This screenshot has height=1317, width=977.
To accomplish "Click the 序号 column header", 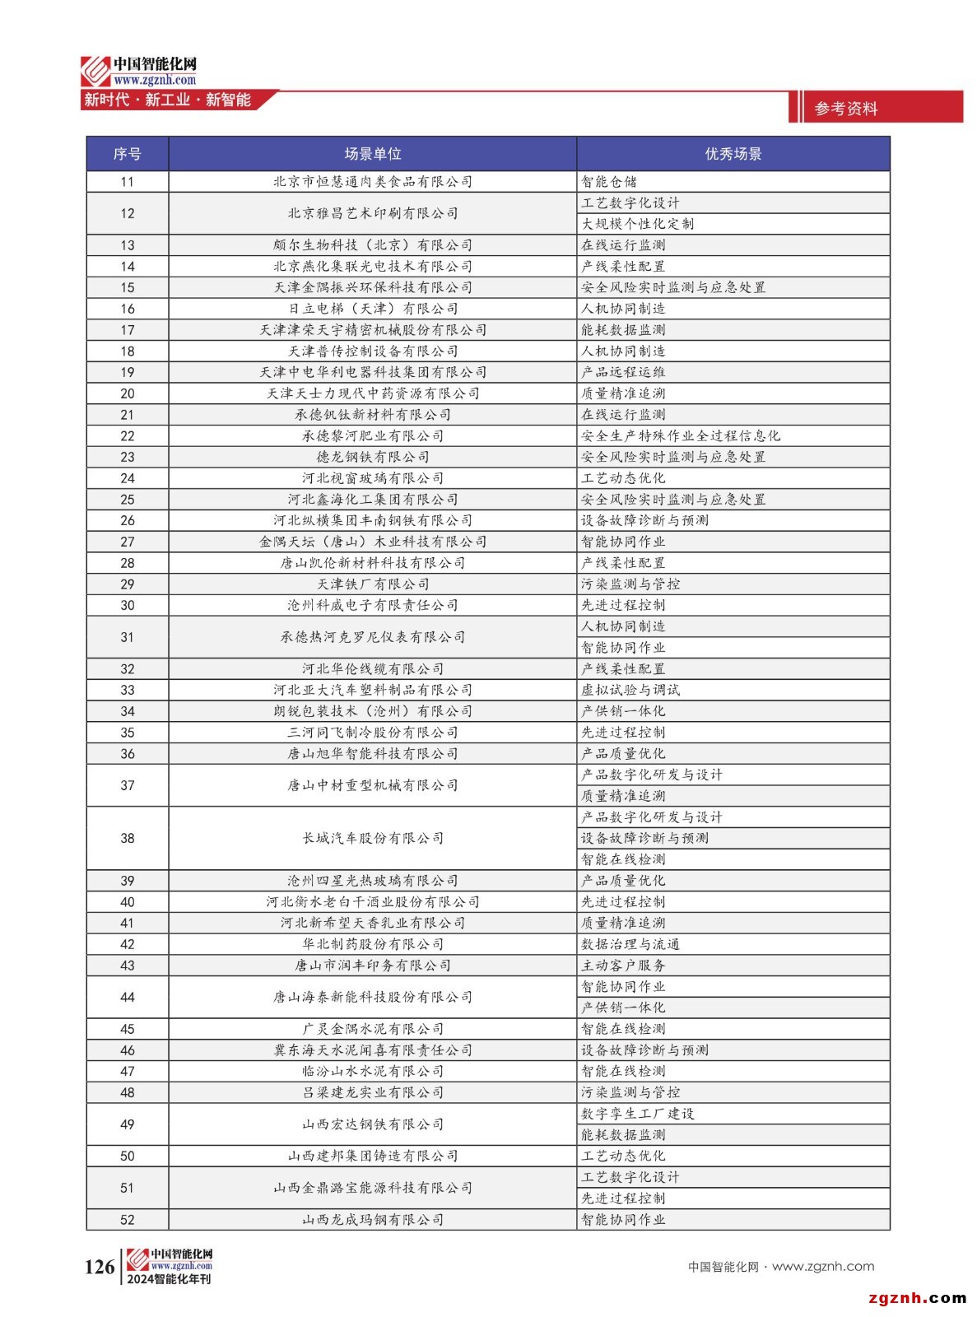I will tap(127, 154).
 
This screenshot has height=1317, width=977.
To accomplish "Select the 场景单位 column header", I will tap(372, 154).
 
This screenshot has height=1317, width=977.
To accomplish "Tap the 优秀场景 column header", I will tap(733, 154).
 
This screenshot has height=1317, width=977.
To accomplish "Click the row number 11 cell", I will tap(127, 182).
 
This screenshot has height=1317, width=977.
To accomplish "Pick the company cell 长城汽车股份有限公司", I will tap(372, 838).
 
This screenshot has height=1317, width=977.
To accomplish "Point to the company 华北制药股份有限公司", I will tap(372, 944).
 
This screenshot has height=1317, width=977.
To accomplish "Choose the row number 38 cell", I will tap(127, 838).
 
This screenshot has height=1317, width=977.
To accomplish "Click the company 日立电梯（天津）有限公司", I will tap(372, 309).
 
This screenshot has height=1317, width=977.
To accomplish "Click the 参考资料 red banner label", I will tap(846, 109).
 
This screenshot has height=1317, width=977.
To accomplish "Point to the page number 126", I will tap(100, 1267).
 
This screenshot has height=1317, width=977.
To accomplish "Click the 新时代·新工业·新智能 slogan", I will tap(167, 100).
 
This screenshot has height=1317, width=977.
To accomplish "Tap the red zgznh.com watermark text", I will tap(917, 1298).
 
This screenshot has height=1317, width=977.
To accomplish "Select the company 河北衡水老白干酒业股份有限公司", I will tap(372, 902).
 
